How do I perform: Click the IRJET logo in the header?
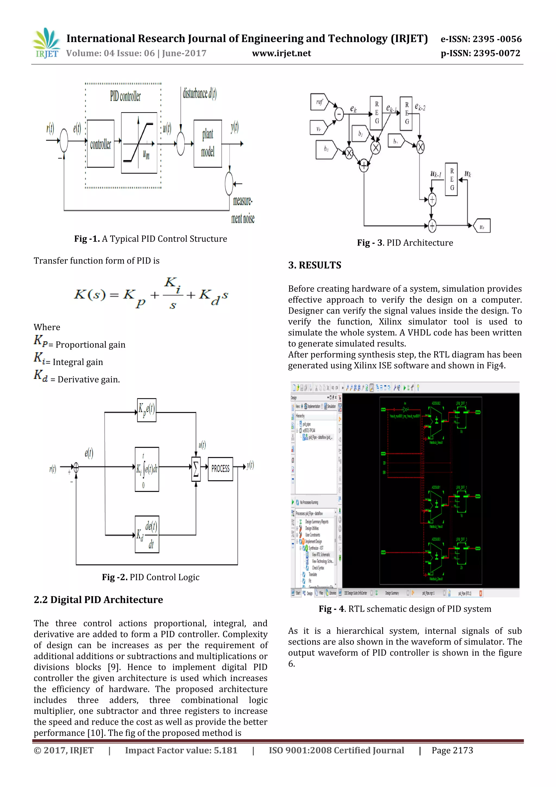[46, 43]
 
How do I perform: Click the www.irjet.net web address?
[281, 54]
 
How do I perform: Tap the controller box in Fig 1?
[100, 144]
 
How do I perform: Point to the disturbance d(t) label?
[199, 93]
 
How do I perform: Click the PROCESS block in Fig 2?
[220, 469]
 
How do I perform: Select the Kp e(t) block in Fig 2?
[147, 410]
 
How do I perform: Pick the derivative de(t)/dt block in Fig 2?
[147, 534]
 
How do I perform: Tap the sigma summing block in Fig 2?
[196, 469]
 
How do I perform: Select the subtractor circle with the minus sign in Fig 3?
[339, 114]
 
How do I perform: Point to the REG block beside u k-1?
[451, 179]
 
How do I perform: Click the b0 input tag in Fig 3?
[326, 149]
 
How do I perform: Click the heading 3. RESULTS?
[314, 265]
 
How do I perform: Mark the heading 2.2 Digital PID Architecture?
[98, 600]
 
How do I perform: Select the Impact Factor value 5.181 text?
[181, 750]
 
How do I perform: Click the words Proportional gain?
[90, 345]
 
